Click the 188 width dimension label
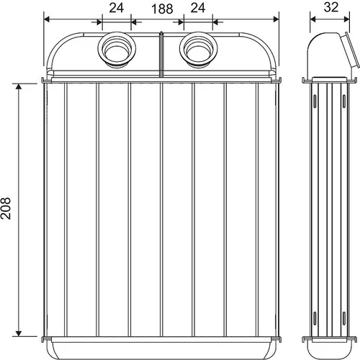[162, 9]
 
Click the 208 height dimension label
[6, 208]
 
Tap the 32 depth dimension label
[331, 7]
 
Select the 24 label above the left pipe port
[117, 8]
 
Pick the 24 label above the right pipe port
[198, 8]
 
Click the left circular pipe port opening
[117, 50]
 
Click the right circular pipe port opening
[199, 50]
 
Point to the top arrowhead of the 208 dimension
[19, 86]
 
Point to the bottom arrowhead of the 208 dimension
[19, 333]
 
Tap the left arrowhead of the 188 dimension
[47, 19]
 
